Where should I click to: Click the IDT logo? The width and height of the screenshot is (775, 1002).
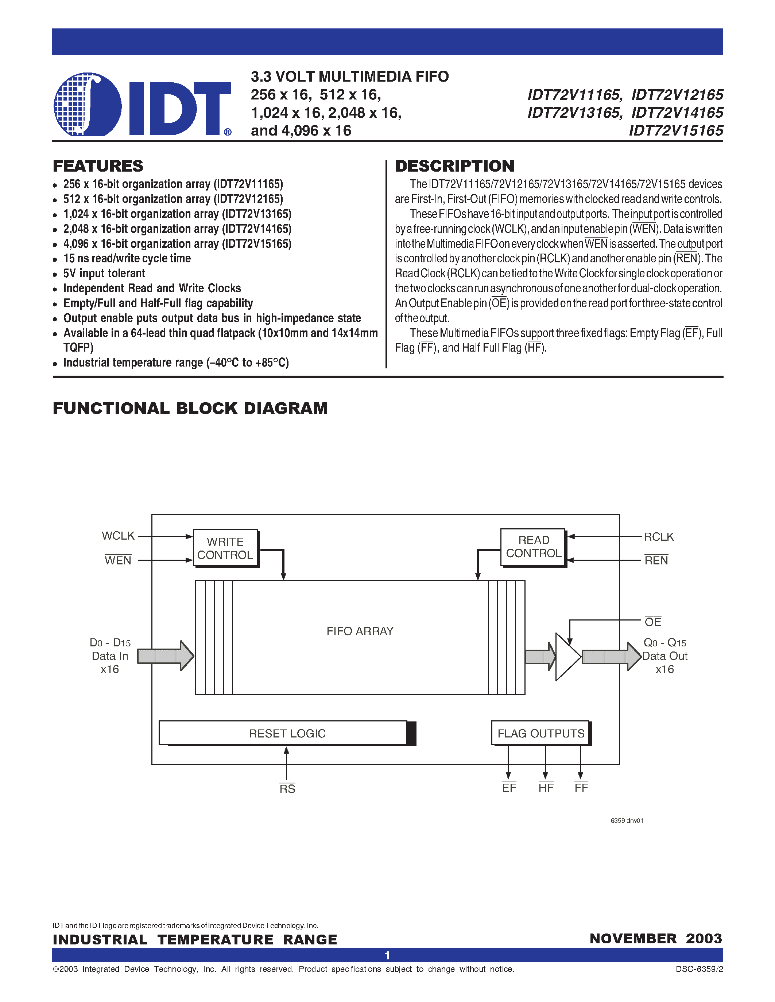142,105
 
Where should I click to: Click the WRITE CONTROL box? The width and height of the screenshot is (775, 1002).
225,548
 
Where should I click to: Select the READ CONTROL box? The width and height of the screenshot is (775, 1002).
533,547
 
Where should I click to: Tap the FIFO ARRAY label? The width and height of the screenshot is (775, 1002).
360,631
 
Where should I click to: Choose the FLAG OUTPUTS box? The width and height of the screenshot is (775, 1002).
540,733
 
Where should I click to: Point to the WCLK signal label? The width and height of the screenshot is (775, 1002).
118,536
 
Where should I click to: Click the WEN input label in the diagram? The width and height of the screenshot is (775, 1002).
118,560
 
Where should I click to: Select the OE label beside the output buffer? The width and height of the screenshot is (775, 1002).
652,622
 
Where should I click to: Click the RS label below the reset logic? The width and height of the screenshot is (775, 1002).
287,788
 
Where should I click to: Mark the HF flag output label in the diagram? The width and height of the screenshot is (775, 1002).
546,788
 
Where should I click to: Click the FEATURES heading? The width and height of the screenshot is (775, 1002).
98,166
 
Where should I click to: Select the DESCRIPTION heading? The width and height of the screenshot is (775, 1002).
454,166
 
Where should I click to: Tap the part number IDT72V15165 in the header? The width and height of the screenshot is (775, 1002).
676,131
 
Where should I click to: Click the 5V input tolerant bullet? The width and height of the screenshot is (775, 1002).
104,273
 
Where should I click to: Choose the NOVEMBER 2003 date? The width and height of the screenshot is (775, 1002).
656,939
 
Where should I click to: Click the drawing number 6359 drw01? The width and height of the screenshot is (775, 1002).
627,820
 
